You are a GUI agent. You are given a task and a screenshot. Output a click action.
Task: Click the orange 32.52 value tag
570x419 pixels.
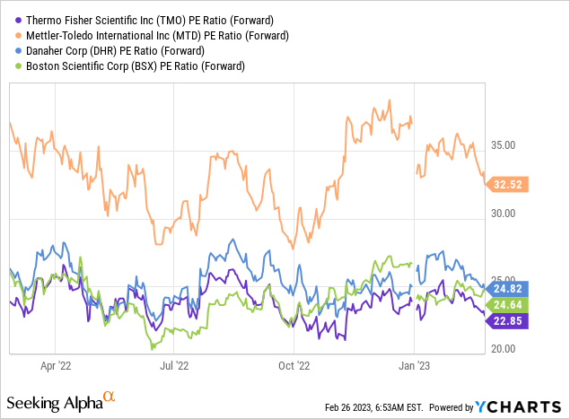click(x=507, y=185)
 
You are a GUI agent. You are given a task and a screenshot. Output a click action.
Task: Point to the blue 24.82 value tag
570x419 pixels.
click(x=507, y=289)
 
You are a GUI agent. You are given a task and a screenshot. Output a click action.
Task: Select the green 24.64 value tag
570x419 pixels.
click(x=507, y=305)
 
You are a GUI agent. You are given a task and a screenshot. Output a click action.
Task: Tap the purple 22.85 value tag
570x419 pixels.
click(x=507, y=322)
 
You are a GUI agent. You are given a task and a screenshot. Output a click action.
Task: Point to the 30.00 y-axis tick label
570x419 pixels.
click(x=506, y=214)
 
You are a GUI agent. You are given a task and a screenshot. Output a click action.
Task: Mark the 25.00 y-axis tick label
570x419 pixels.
click(x=506, y=281)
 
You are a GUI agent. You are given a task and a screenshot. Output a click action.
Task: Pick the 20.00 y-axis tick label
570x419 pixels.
click(x=506, y=349)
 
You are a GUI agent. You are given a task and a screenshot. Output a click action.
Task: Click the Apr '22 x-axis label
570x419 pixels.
click(x=57, y=366)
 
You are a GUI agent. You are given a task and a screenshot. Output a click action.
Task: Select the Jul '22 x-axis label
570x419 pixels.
click(x=174, y=366)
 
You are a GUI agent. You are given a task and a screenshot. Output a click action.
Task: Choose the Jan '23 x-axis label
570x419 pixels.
click(x=413, y=366)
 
